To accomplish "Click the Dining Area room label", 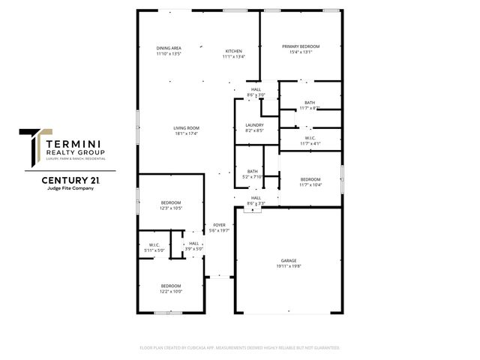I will point(169,48).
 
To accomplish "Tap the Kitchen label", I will point(234,51).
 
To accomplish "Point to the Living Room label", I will point(186,127).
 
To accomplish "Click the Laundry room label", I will point(254,124).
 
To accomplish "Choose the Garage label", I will point(289,260).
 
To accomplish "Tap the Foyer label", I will point(219,225).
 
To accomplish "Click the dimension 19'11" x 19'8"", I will point(289,266).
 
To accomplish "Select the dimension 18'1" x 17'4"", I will point(186,133).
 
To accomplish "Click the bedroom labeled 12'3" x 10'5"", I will point(171,205).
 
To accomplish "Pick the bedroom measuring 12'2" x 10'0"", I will point(171,288).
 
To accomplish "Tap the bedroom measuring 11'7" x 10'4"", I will point(310,181).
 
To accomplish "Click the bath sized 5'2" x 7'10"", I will point(253,174).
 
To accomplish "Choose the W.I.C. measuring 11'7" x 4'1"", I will point(310,141).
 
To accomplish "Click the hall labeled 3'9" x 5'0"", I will point(194,246).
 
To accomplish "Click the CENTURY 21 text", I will point(70,181).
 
